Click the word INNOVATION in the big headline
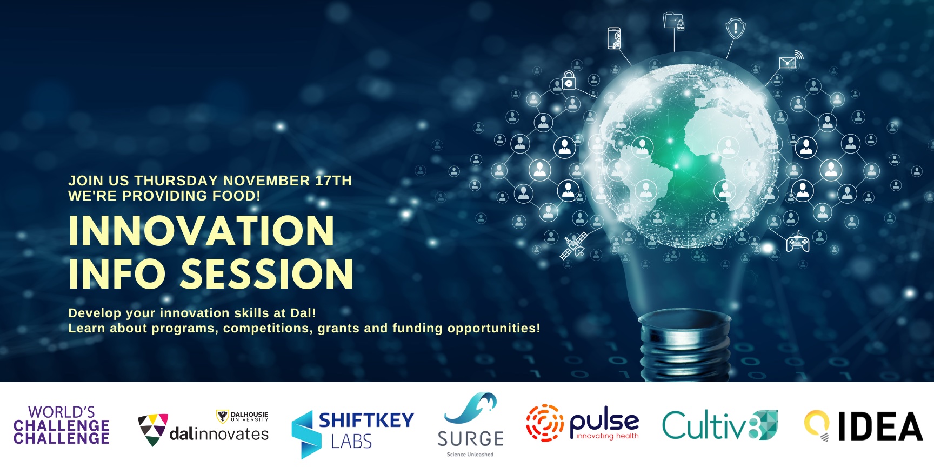pos(202,231)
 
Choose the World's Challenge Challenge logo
pos(62,425)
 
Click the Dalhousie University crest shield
pos(222,416)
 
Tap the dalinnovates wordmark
pos(219,434)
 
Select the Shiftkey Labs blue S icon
pos(304,435)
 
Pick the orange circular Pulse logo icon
pos(545,423)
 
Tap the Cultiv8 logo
pos(720,425)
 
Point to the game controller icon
pos(798,242)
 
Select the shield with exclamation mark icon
pos(735,28)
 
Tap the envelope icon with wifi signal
pos(791,60)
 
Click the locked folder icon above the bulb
pos(674,21)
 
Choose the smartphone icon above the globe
pos(614,38)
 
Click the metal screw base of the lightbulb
pos(684,346)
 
